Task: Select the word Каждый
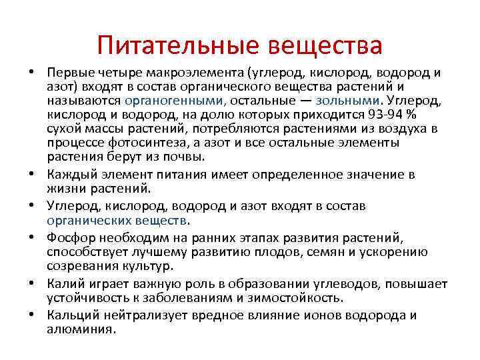(x=71, y=175)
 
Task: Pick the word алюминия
(x=81, y=329)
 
